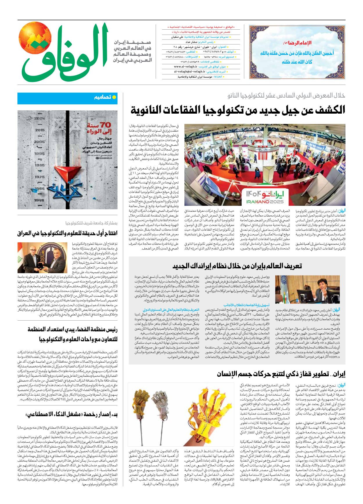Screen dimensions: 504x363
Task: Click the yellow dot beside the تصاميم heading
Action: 114,97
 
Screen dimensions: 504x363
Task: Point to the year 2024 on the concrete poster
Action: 39,118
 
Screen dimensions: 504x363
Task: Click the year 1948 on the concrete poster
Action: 39,200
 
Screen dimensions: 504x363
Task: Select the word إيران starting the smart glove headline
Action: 338,374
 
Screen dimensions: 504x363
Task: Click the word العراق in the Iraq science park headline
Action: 26,233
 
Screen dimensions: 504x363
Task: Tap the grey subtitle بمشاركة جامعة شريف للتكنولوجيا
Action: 91,223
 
